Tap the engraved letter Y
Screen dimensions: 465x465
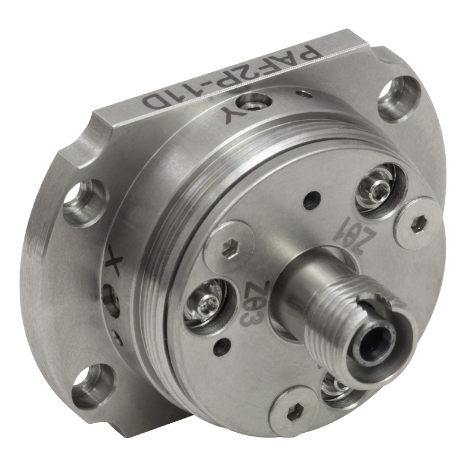click(230, 117)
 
